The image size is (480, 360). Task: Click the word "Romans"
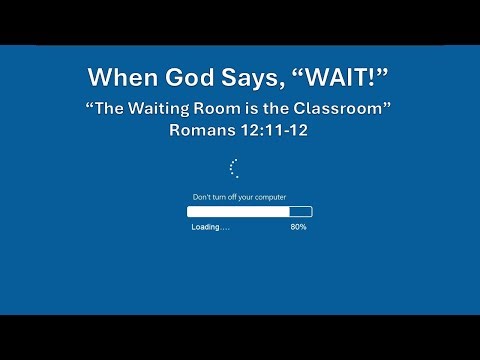pyautogui.click(x=207, y=131)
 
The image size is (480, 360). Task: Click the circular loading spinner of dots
pyautogui.click(x=234, y=168)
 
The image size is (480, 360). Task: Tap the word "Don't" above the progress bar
pyautogui.click(x=202, y=198)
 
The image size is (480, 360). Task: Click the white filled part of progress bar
pyautogui.click(x=238, y=212)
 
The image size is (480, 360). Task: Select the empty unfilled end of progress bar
pyautogui.click(x=301, y=212)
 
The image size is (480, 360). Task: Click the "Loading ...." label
pyautogui.click(x=210, y=227)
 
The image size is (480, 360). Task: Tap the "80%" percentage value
pyautogui.click(x=298, y=227)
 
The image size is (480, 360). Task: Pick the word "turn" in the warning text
pyautogui.click(x=222, y=198)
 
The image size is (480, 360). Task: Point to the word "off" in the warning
pyautogui.click(x=236, y=198)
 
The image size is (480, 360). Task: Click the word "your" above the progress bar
pyautogui.click(x=248, y=198)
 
